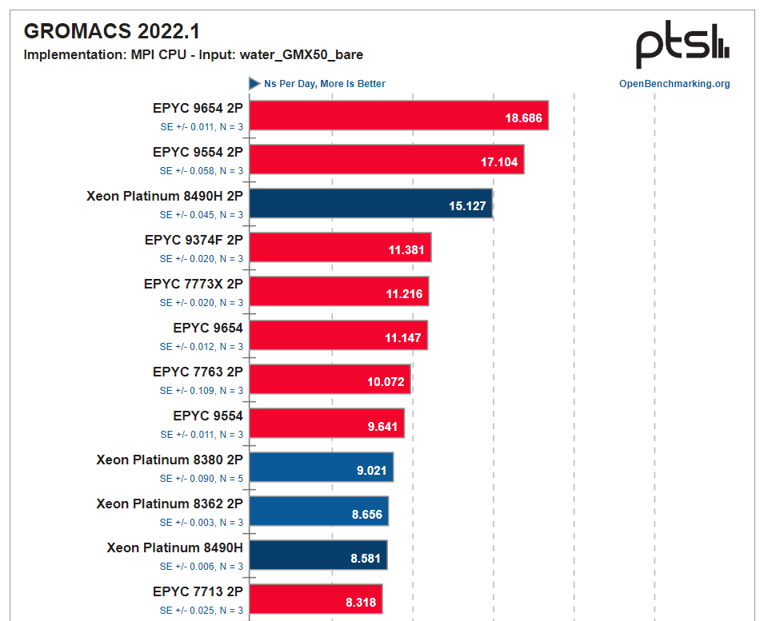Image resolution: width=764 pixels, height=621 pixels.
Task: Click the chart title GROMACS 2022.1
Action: tap(111, 31)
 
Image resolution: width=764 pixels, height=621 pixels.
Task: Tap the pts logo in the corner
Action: tap(682, 46)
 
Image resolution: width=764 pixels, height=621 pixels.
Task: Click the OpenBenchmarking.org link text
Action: tap(674, 84)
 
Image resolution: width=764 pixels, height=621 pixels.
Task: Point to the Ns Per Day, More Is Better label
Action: tap(324, 84)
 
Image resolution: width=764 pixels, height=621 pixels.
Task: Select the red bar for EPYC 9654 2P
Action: tap(398, 118)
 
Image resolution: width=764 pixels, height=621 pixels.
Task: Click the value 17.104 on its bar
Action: tap(499, 162)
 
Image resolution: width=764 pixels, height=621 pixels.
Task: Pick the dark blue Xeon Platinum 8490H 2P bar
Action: tap(370, 206)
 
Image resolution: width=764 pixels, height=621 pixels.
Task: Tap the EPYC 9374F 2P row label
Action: tap(194, 240)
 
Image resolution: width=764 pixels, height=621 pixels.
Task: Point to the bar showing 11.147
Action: tap(338, 338)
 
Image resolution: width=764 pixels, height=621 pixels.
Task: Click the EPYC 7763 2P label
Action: tap(198, 372)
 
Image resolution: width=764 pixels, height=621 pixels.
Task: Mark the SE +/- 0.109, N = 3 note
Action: tap(201, 391)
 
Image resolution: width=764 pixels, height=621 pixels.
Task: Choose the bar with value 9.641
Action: tap(326, 426)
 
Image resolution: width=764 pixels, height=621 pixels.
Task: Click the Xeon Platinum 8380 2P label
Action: tap(170, 460)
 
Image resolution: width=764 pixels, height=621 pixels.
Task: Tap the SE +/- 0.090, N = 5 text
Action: tap(201, 479)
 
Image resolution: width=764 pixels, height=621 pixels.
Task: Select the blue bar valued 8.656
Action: tap(318, 514)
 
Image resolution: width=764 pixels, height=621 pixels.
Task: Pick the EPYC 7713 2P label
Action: tap(198, 591)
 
